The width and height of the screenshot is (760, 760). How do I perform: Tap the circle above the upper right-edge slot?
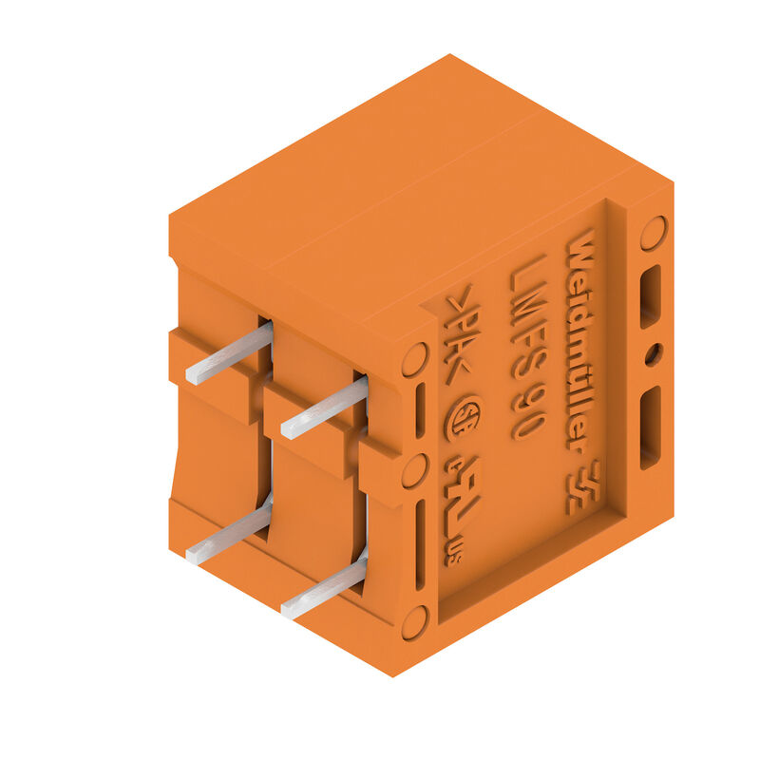pyautogui.click(x=653, y=232)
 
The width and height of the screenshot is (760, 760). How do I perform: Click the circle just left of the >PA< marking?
pyautogui.click(x=415, y=359)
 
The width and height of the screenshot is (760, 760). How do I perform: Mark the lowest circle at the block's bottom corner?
pyautogui.click(x=414, y=622)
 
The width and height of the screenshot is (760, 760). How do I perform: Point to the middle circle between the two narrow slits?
pyautogui.click(x=414, y=471)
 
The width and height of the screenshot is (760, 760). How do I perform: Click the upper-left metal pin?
pyautogui.click(x=228, y=353)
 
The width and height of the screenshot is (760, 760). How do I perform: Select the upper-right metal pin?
pyautogui.click(x=323, y=407)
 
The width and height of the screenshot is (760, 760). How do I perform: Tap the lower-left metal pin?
pyautogui.click(x=228, y=535)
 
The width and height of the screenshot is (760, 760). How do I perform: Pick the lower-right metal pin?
pyautogui.click(x=323, y=589)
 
